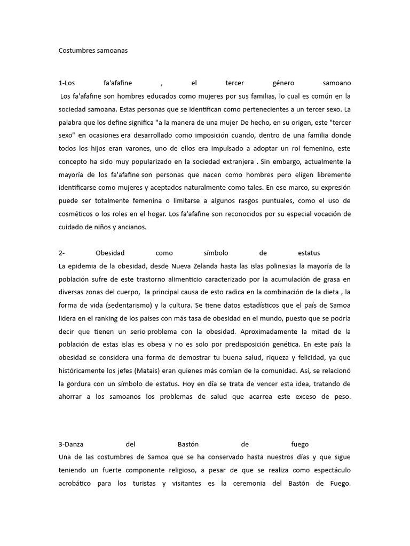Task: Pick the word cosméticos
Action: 78,214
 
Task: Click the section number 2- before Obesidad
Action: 61,253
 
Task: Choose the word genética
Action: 279,344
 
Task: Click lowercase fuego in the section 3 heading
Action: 300,444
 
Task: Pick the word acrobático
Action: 77,483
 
